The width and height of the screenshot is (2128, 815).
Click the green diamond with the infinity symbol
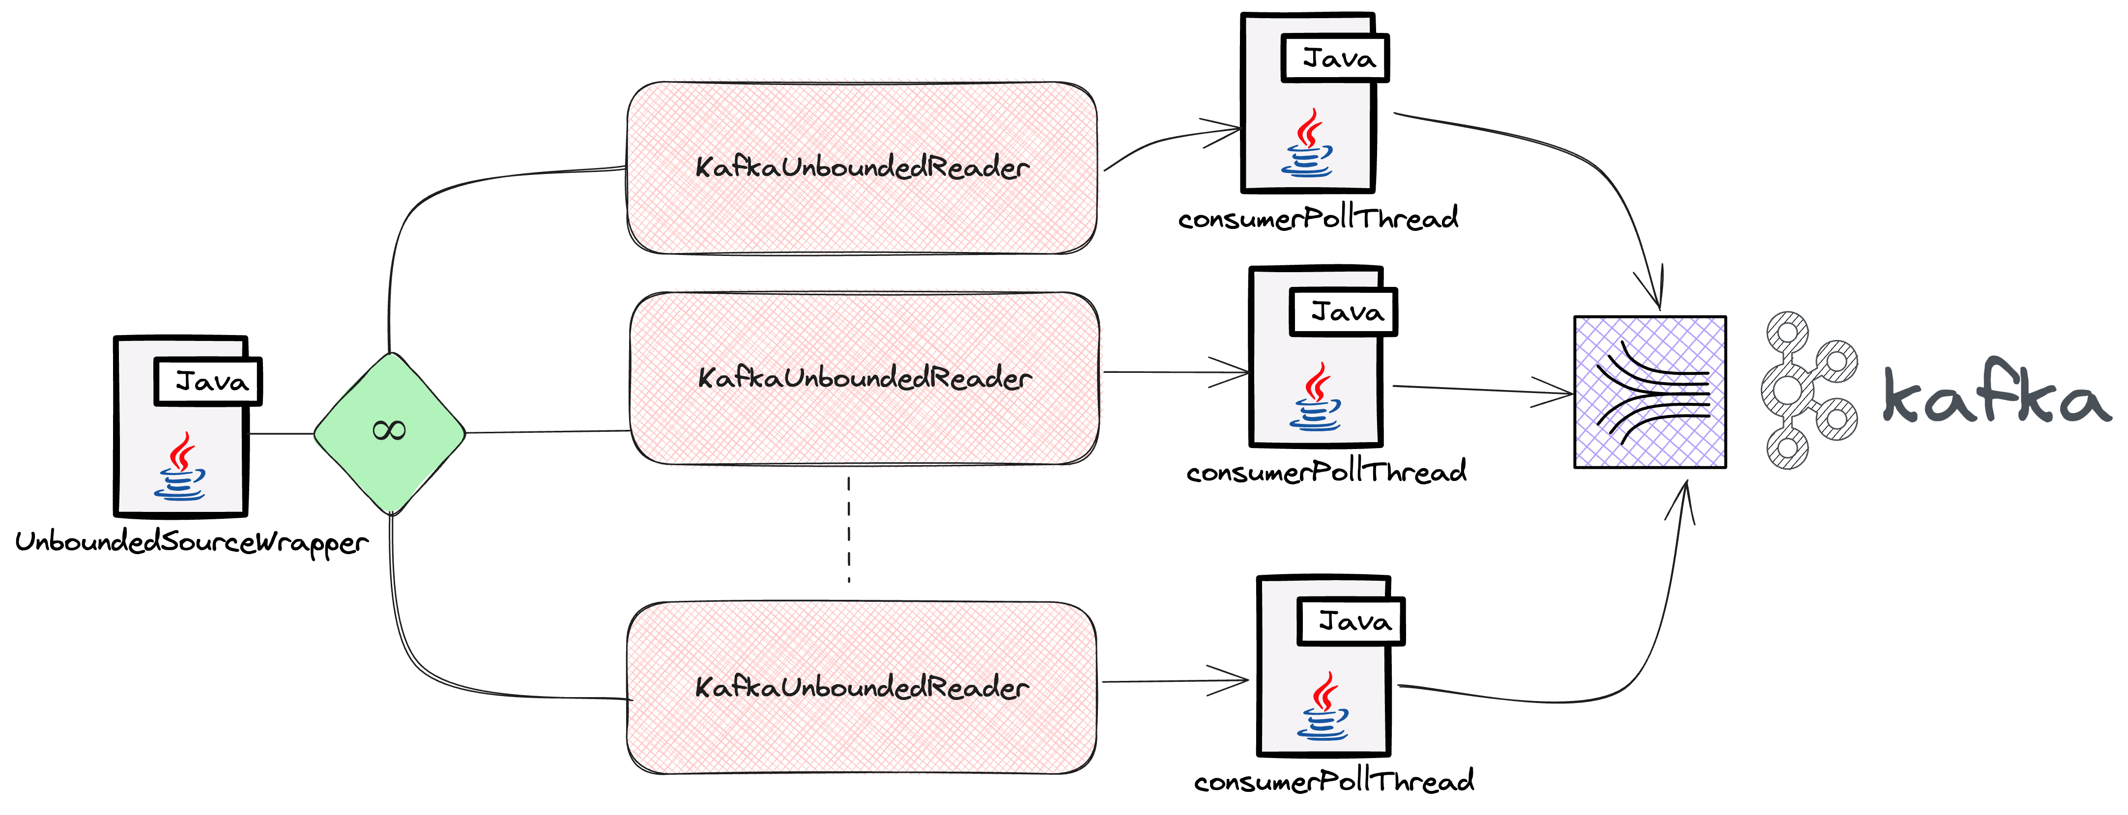click(389, 433)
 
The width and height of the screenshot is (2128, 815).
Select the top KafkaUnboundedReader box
click(862, 168)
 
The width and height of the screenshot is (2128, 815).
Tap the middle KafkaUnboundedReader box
click(864, 378)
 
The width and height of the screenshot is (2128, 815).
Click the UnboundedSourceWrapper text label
click(191, 542)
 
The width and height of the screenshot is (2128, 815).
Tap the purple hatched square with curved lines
click(1650, 392)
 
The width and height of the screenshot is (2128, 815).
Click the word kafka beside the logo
click(1995, 394)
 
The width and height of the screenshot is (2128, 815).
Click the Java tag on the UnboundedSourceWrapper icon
click(209, 382)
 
